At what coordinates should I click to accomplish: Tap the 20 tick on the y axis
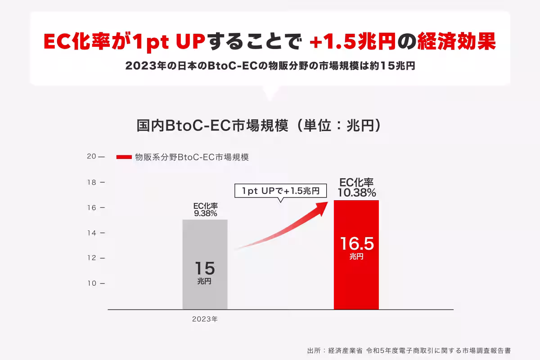(92, 157)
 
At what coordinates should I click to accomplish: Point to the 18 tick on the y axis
(92, 182)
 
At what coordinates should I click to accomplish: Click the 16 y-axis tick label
(92, 207)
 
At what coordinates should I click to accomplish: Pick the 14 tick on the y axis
(92, 233)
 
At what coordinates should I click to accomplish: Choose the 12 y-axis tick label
(92, 258)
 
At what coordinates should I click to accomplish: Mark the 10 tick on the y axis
(92, 283)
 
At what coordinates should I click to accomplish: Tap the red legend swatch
(124, 157)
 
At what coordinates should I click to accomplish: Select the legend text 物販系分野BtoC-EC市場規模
(192, 157)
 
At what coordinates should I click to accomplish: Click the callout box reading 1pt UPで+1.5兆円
(280, 191)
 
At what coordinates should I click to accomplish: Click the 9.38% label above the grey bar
(206, 214)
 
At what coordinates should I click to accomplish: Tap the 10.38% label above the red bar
(357, 193)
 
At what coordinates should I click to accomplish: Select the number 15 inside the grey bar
(205, 269)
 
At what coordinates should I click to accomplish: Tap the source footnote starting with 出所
(409, 350)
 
